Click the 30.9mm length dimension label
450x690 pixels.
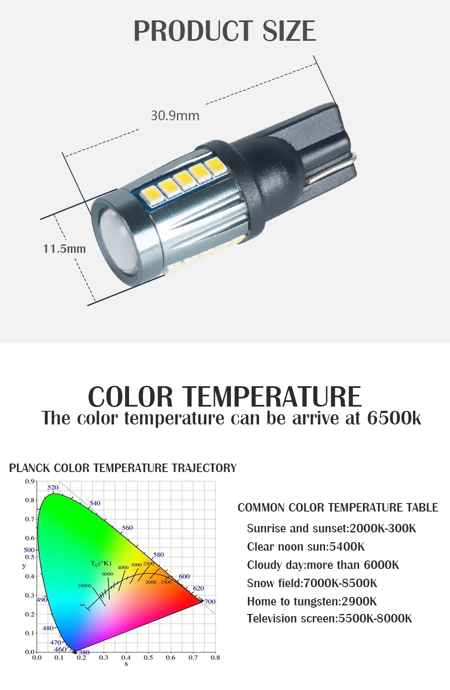(x=175, y=116)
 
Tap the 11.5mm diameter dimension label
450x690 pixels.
(x=65, y=249)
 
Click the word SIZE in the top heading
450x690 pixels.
(x=289, y=31)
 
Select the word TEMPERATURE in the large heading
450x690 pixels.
(x=273, y=397)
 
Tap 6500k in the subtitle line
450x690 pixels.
(x=394, y=418)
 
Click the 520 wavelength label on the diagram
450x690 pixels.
(x=53, y=487)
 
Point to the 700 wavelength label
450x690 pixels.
(x=210, y=601)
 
